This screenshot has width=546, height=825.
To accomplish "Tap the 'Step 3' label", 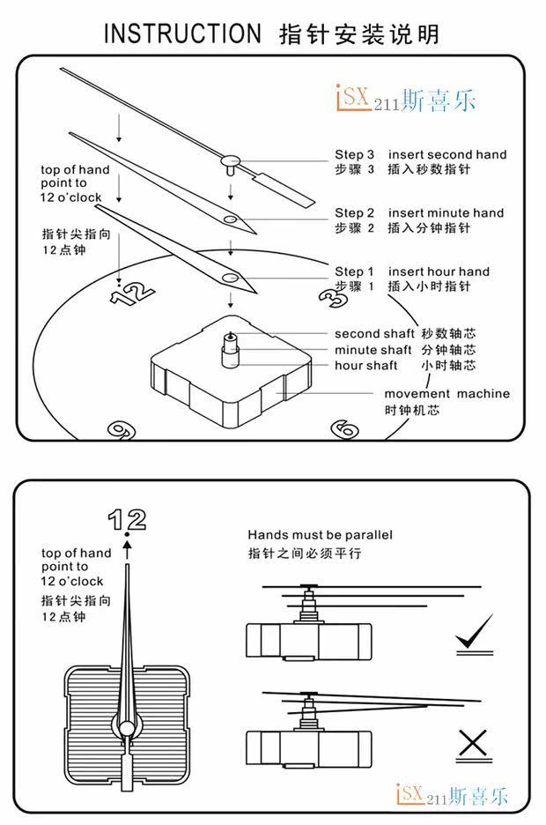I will click(x=354, y=154).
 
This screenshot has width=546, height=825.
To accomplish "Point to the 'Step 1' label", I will click(x=354, y=271).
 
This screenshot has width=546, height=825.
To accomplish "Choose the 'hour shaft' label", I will click(x=365, y=365).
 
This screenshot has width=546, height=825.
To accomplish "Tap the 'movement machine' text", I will click(x=446, y=394).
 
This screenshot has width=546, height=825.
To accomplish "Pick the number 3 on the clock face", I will click(x=332, y=296).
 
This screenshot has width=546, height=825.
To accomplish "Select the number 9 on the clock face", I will click(x=117, y=429).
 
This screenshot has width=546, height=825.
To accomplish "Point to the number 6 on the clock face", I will click(x=344, y=428).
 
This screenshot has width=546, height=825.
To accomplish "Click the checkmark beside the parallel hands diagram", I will click(x=473, y=632).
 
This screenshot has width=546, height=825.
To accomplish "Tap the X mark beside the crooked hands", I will click(x=473, y=746).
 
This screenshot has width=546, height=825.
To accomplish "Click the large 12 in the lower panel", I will click(x=127, y=520).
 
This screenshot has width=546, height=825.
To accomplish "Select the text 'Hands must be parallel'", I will click(x=320, y=535).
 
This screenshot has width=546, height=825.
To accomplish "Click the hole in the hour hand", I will click(x=230, y=277).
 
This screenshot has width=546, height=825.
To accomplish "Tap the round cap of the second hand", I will click(x=230, y=160).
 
